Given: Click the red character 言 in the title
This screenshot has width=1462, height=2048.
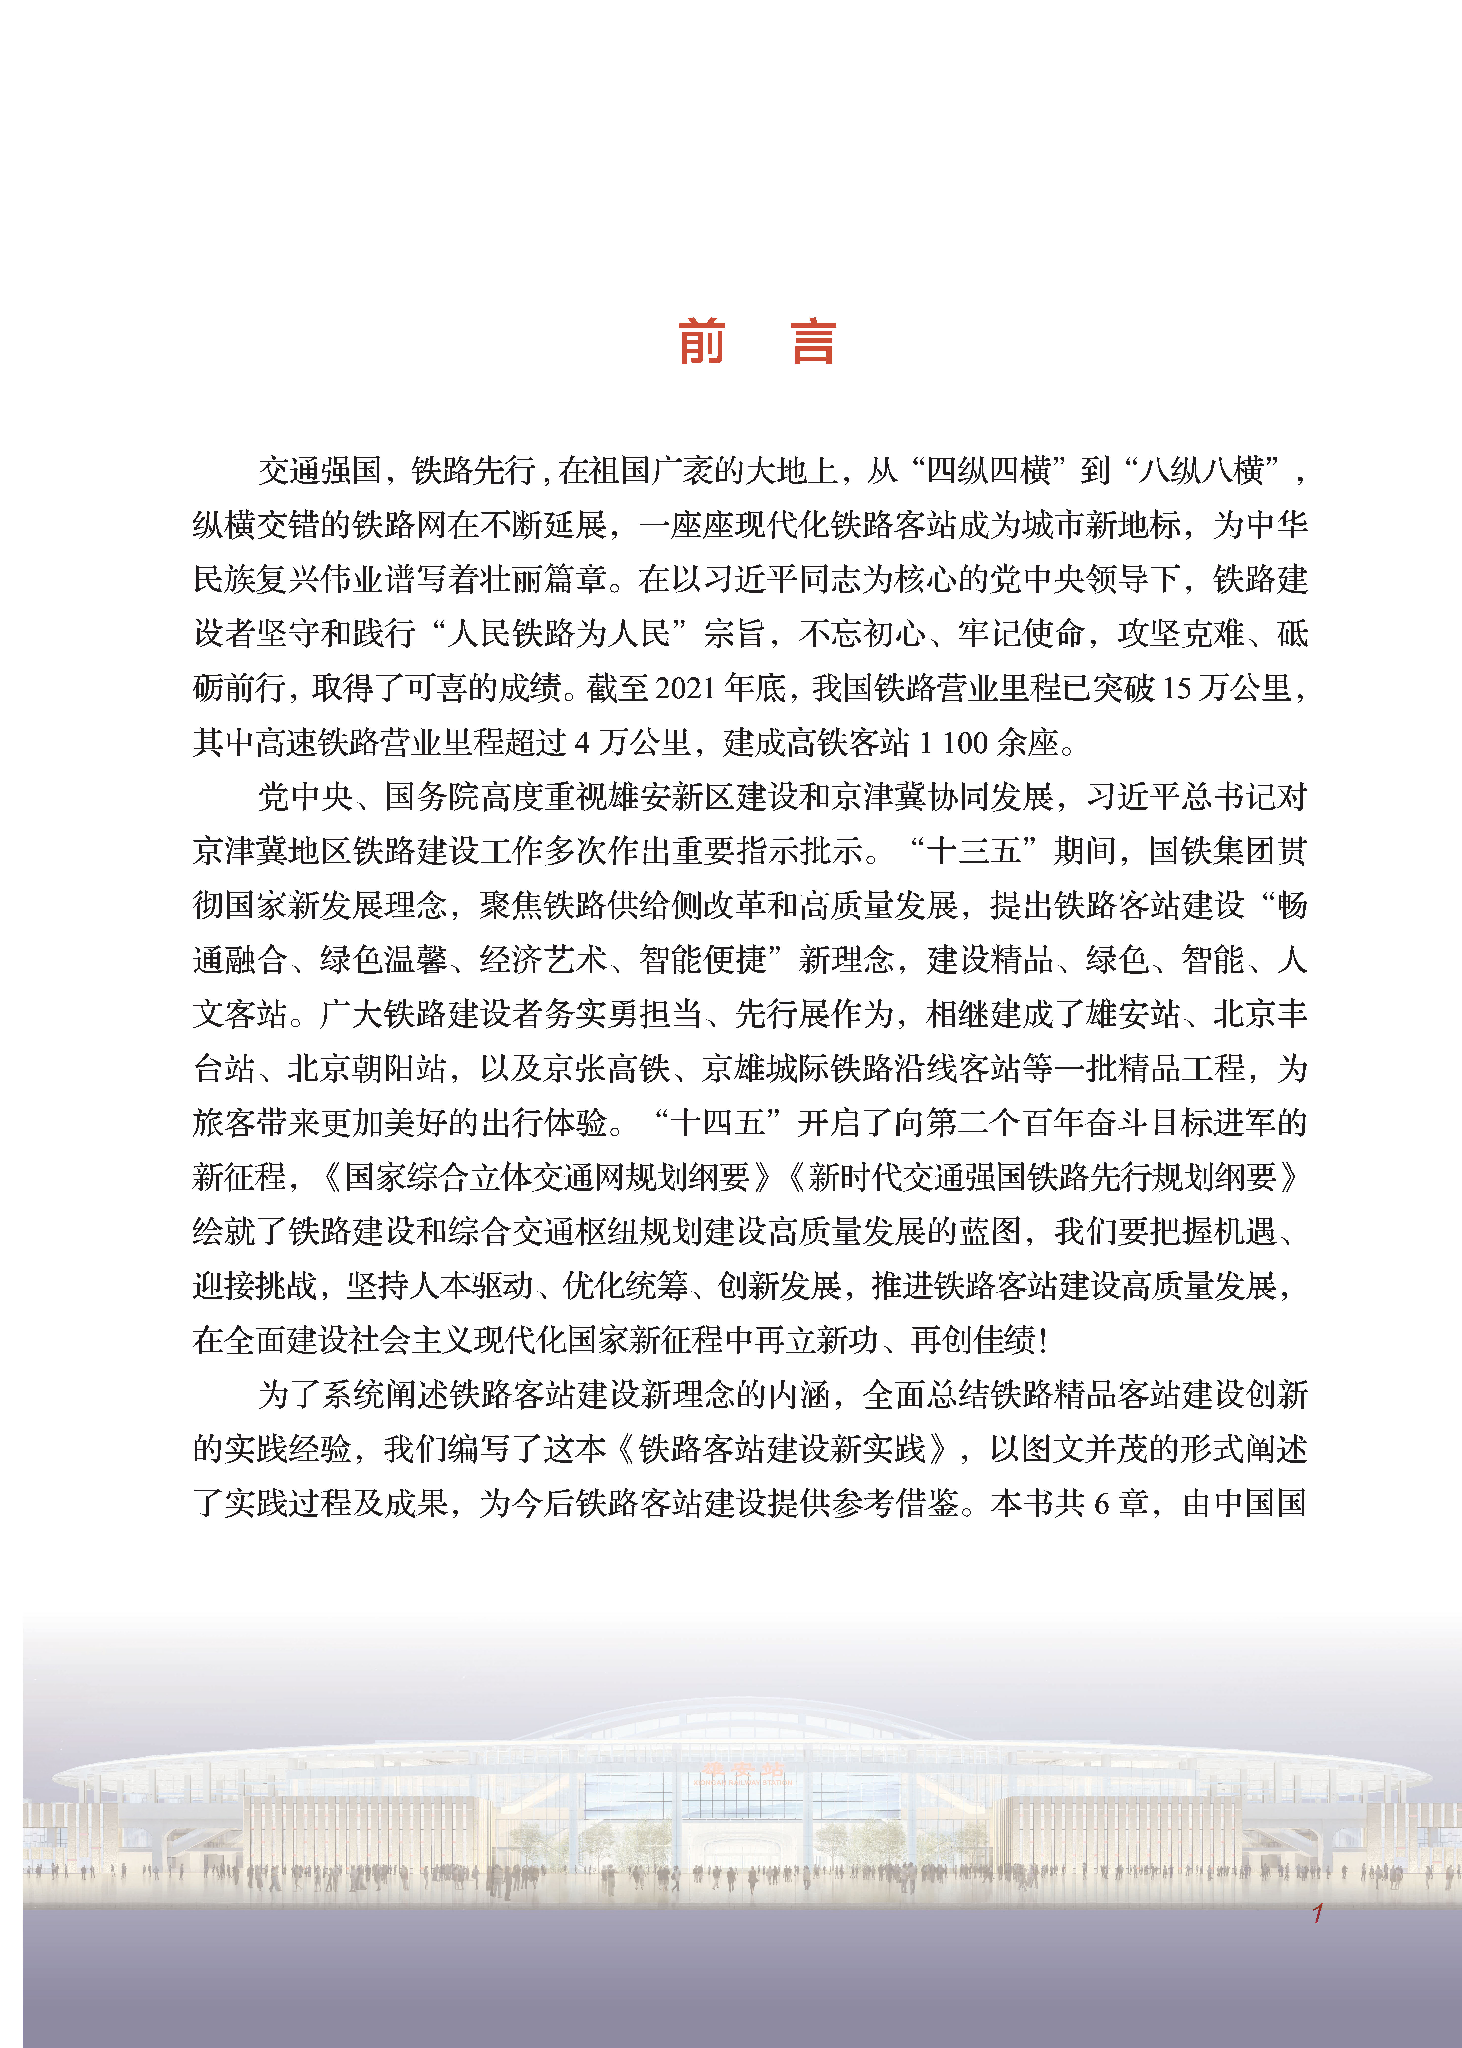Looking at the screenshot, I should coord(814,342).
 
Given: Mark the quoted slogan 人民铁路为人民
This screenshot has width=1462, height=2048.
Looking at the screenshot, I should coord(559,633).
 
